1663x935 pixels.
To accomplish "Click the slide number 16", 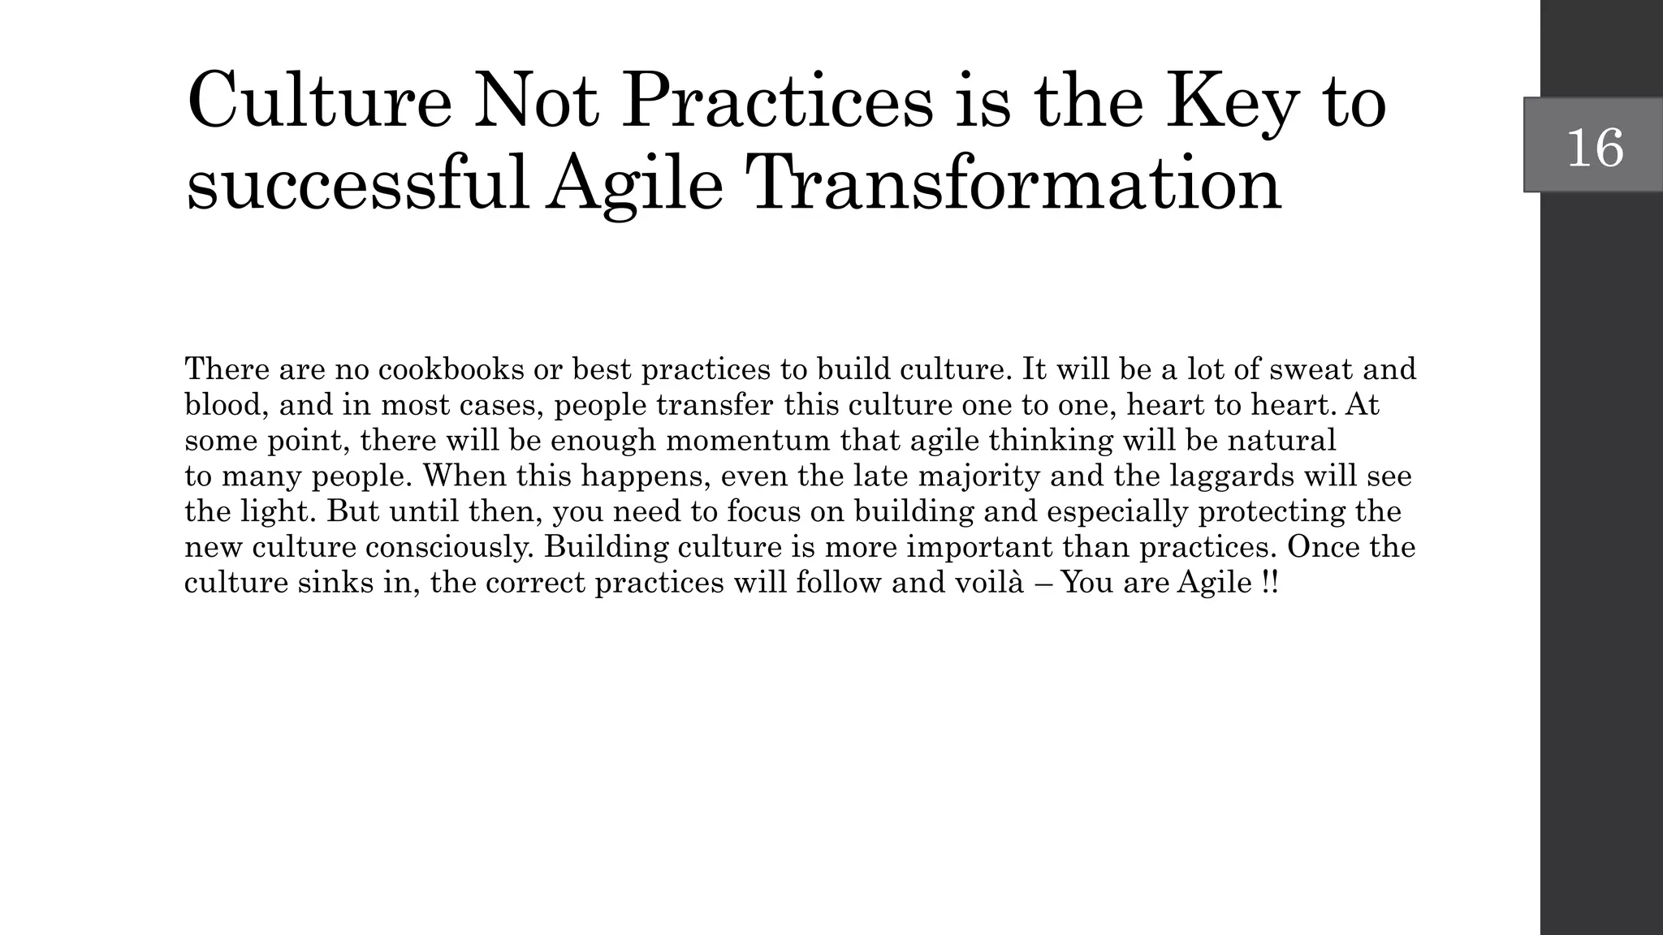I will tap(1595, 147).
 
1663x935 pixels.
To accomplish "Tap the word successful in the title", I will tap(358, 184).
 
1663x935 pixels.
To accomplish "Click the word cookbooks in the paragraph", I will tap(451, 369).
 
